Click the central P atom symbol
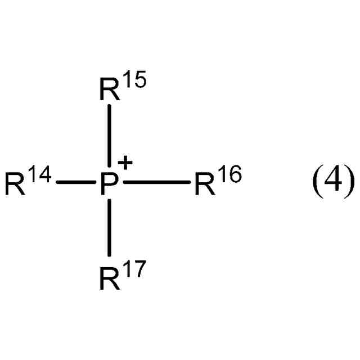click(x=109, y=184)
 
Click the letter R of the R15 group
click(x=110, y=91)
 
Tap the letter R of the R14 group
click(x=15, y=184)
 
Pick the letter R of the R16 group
click(x=205, y=184)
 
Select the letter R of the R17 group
click(x=110, y=278)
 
